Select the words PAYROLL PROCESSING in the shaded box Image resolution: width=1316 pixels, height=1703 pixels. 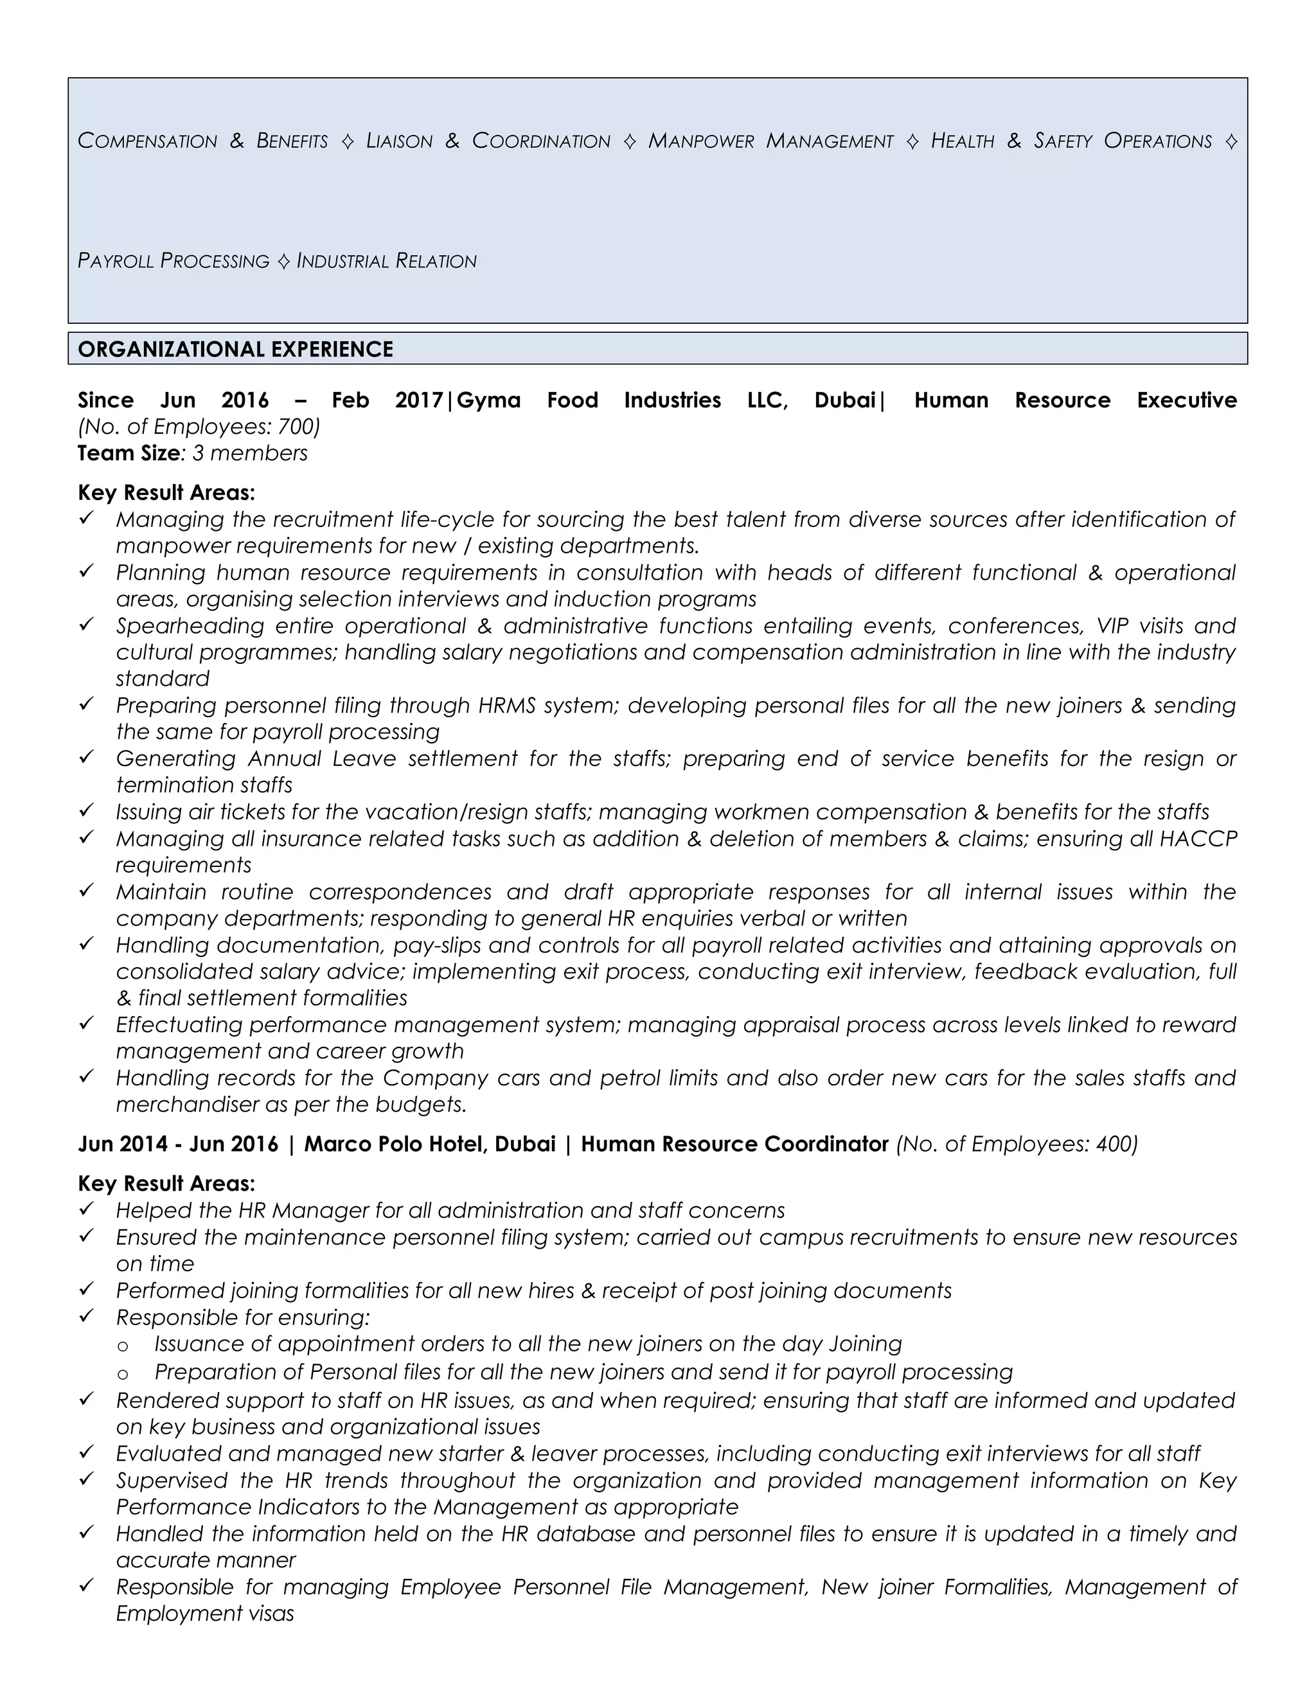[173, 260]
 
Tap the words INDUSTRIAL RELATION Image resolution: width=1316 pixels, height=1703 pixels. [387, 260]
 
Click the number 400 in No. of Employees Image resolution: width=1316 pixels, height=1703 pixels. [1114, 1144]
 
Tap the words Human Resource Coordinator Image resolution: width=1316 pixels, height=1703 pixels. [734, 1144]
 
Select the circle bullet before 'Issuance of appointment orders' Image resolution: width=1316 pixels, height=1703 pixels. [122, 1346]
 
